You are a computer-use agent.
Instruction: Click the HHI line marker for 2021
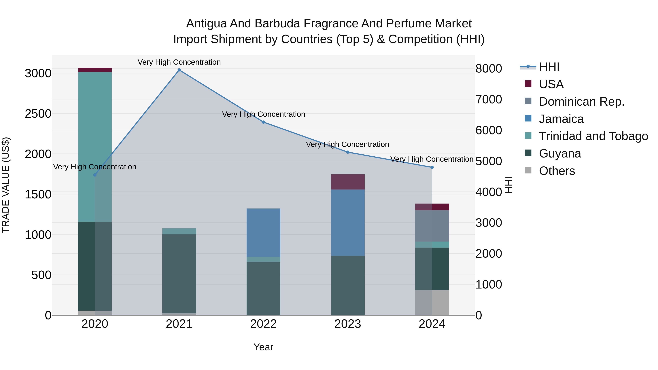[x=179, y=70]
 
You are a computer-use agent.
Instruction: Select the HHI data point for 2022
[x=263, y=122]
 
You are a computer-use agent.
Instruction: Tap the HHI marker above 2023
[x=348, y=152]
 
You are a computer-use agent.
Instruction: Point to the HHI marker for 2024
[x=432, y=167]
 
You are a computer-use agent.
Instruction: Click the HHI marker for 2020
[x=95, y=175]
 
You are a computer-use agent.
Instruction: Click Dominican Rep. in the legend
[x=581, y=102]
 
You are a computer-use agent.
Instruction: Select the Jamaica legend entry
[x=561, y=119]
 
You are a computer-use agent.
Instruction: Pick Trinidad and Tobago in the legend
[x=593, y=136]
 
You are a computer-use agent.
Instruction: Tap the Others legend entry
[x=557, y=171]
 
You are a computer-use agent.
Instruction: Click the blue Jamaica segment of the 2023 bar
[x=348, y=222]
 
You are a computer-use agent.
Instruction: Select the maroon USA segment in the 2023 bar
[x=348, y=182]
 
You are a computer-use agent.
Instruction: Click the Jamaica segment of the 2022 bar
[x=263, y=233]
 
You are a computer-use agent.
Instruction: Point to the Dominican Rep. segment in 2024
[x=432, y=226]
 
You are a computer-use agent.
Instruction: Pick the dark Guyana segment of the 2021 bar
[x=179, y=273]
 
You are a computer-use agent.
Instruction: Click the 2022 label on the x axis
[x=263, y=324]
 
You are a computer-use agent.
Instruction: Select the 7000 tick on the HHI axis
[x=488, y=99]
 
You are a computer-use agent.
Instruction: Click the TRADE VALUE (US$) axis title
[x=6, y=185]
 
